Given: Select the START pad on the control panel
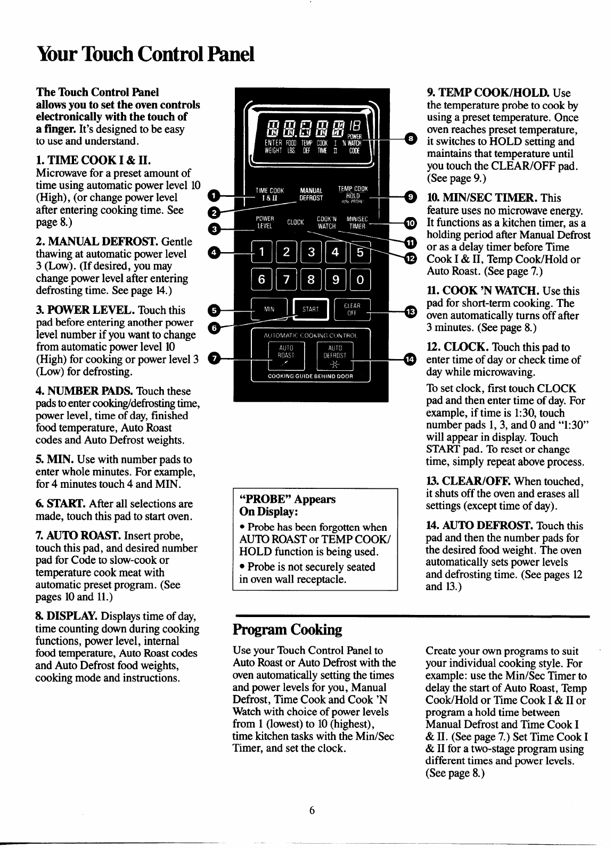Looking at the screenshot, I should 310,310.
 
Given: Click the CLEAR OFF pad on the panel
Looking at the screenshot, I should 352,310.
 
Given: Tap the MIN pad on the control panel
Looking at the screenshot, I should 269,309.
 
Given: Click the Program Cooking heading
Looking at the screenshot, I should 287,630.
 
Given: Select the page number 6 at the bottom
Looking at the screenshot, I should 313,811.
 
